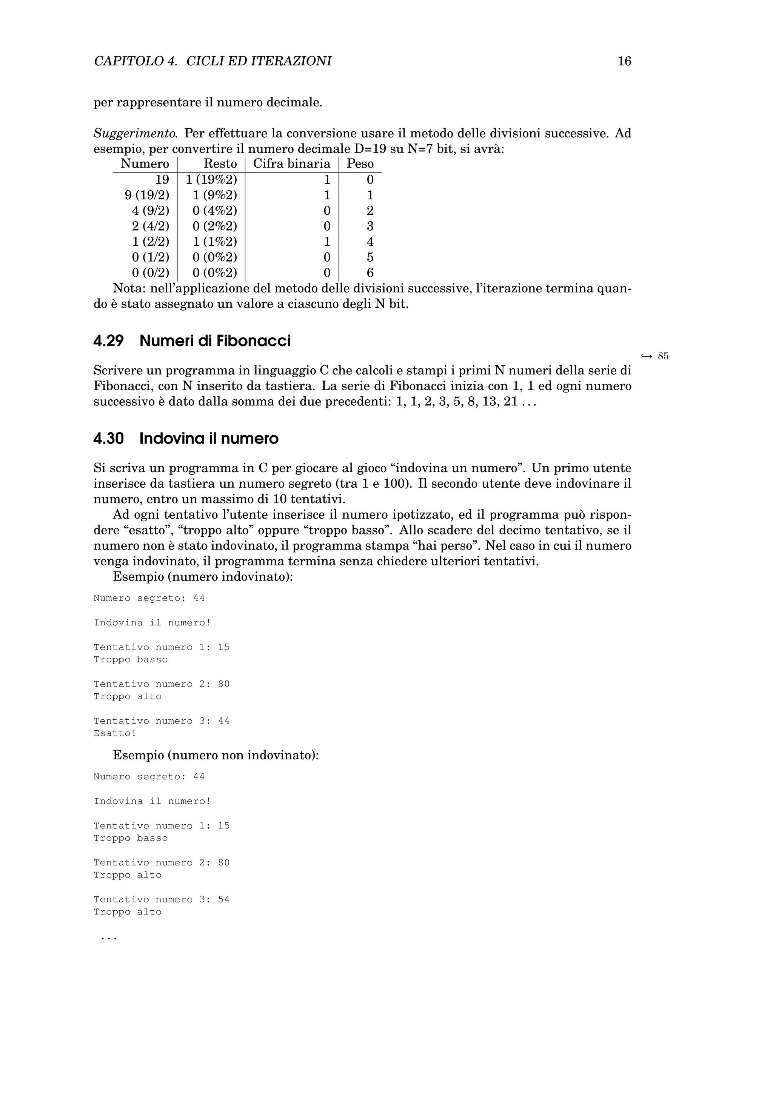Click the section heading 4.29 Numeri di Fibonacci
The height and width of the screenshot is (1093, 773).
click(191, 341)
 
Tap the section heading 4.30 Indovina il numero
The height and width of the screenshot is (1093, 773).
click(186, 439)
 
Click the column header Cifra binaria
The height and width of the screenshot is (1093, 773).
click(291, 164)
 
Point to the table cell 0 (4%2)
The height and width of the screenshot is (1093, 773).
click(215, 211)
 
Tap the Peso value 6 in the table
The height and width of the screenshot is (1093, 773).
click(370, 273)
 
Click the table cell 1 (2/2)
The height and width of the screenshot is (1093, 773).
click(151, 242)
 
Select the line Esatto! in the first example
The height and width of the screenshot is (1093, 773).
click(115, 733)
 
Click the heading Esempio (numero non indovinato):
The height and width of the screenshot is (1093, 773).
click(216, 756)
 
